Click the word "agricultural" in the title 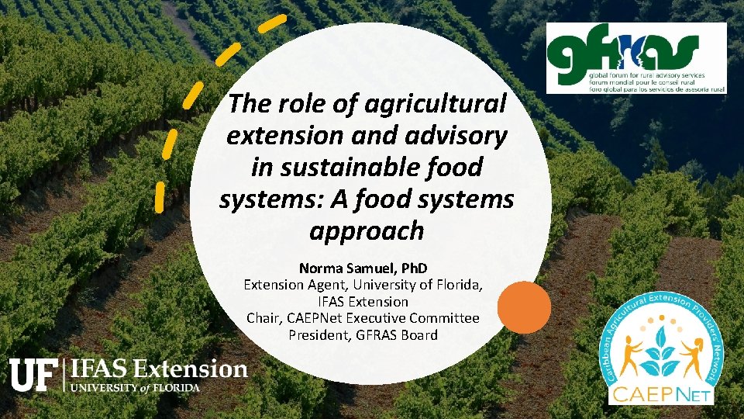[x=443, y=103]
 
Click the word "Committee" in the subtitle [x=446, y=318]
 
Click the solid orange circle [x=524, y=306]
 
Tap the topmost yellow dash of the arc [x=272, y=24]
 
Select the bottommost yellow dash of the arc [x=160, y=196]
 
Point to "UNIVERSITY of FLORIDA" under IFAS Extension [x=136, y=386]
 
